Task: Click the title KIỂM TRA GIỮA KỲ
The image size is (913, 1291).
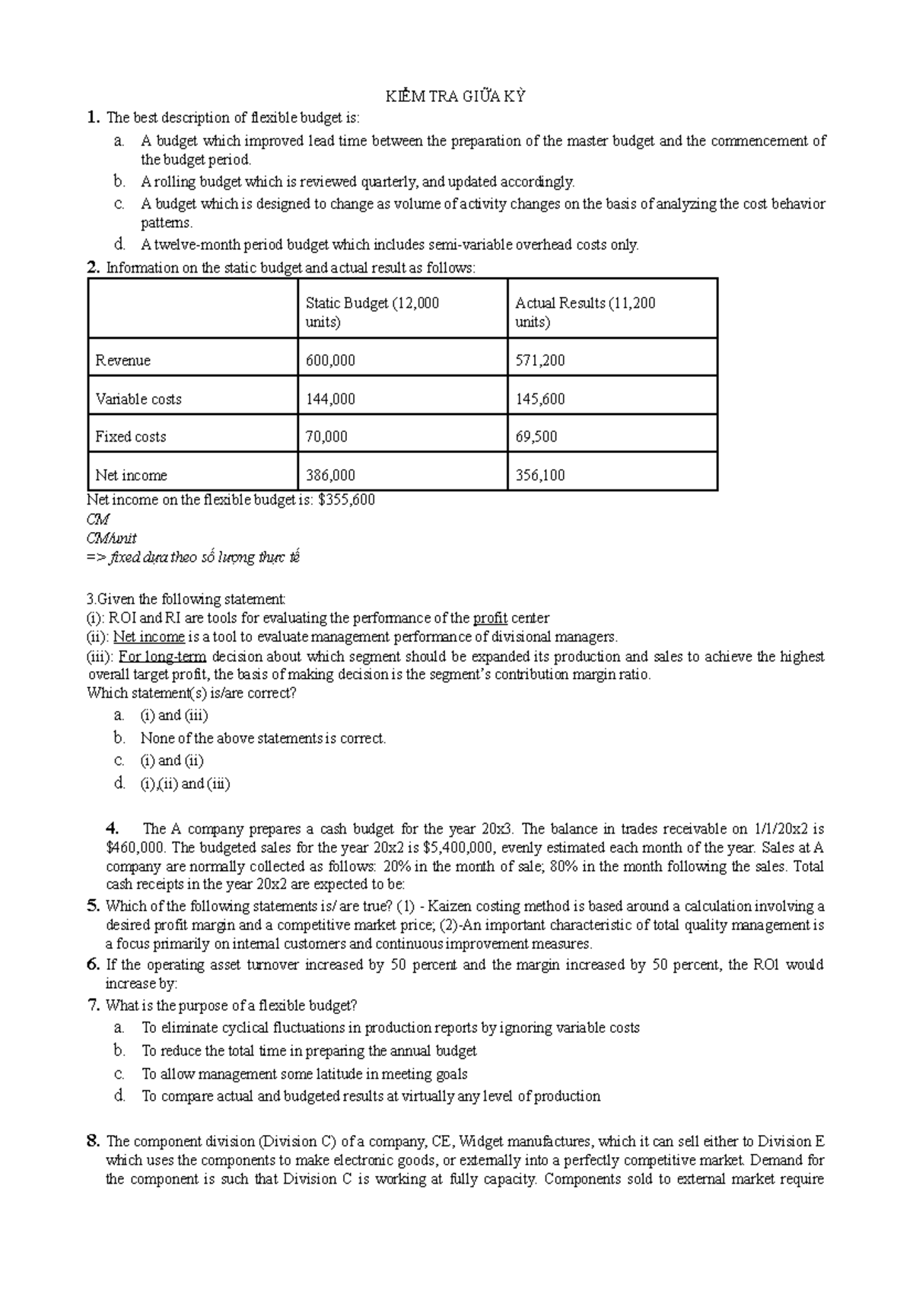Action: click(x=456, y=97)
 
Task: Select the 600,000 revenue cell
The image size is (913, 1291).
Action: click(x=330, y=361)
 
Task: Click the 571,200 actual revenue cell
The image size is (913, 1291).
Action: click(x=539, y=361)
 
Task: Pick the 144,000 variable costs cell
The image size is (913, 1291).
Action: click(x=330, y=399)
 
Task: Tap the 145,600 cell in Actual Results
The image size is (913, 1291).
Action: click(x=539, y=399)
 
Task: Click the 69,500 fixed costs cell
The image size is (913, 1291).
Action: click(x=536, y=437)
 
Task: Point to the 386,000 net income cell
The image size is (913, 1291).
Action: click(x=330, y=475)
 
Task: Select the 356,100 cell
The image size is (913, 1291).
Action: click(x=539, y=475)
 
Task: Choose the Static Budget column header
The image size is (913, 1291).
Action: click(x=372, y=311)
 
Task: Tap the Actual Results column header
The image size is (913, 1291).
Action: click(x=584, y=311)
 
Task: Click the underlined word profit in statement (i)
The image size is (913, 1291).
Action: click(x=489, y=618)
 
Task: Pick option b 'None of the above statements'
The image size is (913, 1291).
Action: click(x=262, y=738)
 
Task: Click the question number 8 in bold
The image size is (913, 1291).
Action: click(x=93, y=1141)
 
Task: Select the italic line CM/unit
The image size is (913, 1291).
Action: click(x=111, y=538)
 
